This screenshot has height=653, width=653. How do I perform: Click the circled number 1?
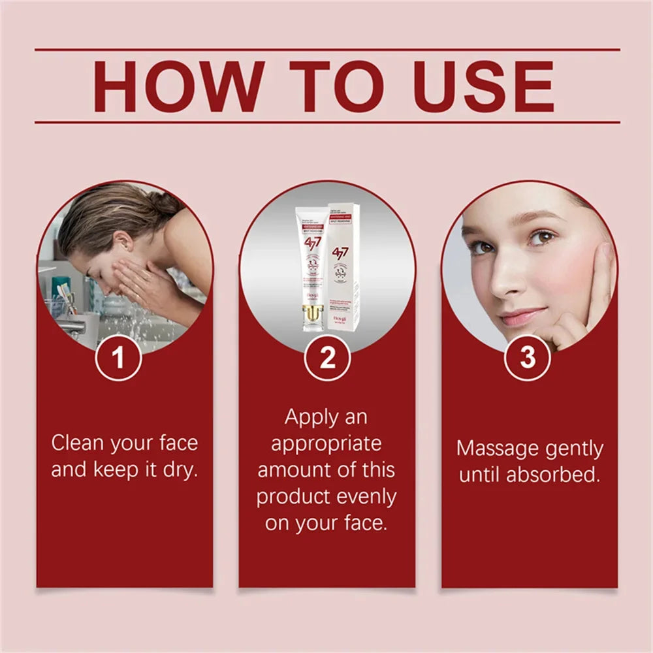[x=119, y=358]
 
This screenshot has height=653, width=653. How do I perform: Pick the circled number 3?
[x=528, y=357]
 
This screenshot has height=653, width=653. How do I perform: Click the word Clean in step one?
[x=78, y=443]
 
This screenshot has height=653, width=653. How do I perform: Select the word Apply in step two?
[x=310, y=417]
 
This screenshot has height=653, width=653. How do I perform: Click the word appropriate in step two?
[x=326, y=444]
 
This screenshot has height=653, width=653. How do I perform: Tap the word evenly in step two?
[x=366, y=497]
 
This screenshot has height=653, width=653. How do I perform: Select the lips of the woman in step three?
[x=521, y=317]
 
